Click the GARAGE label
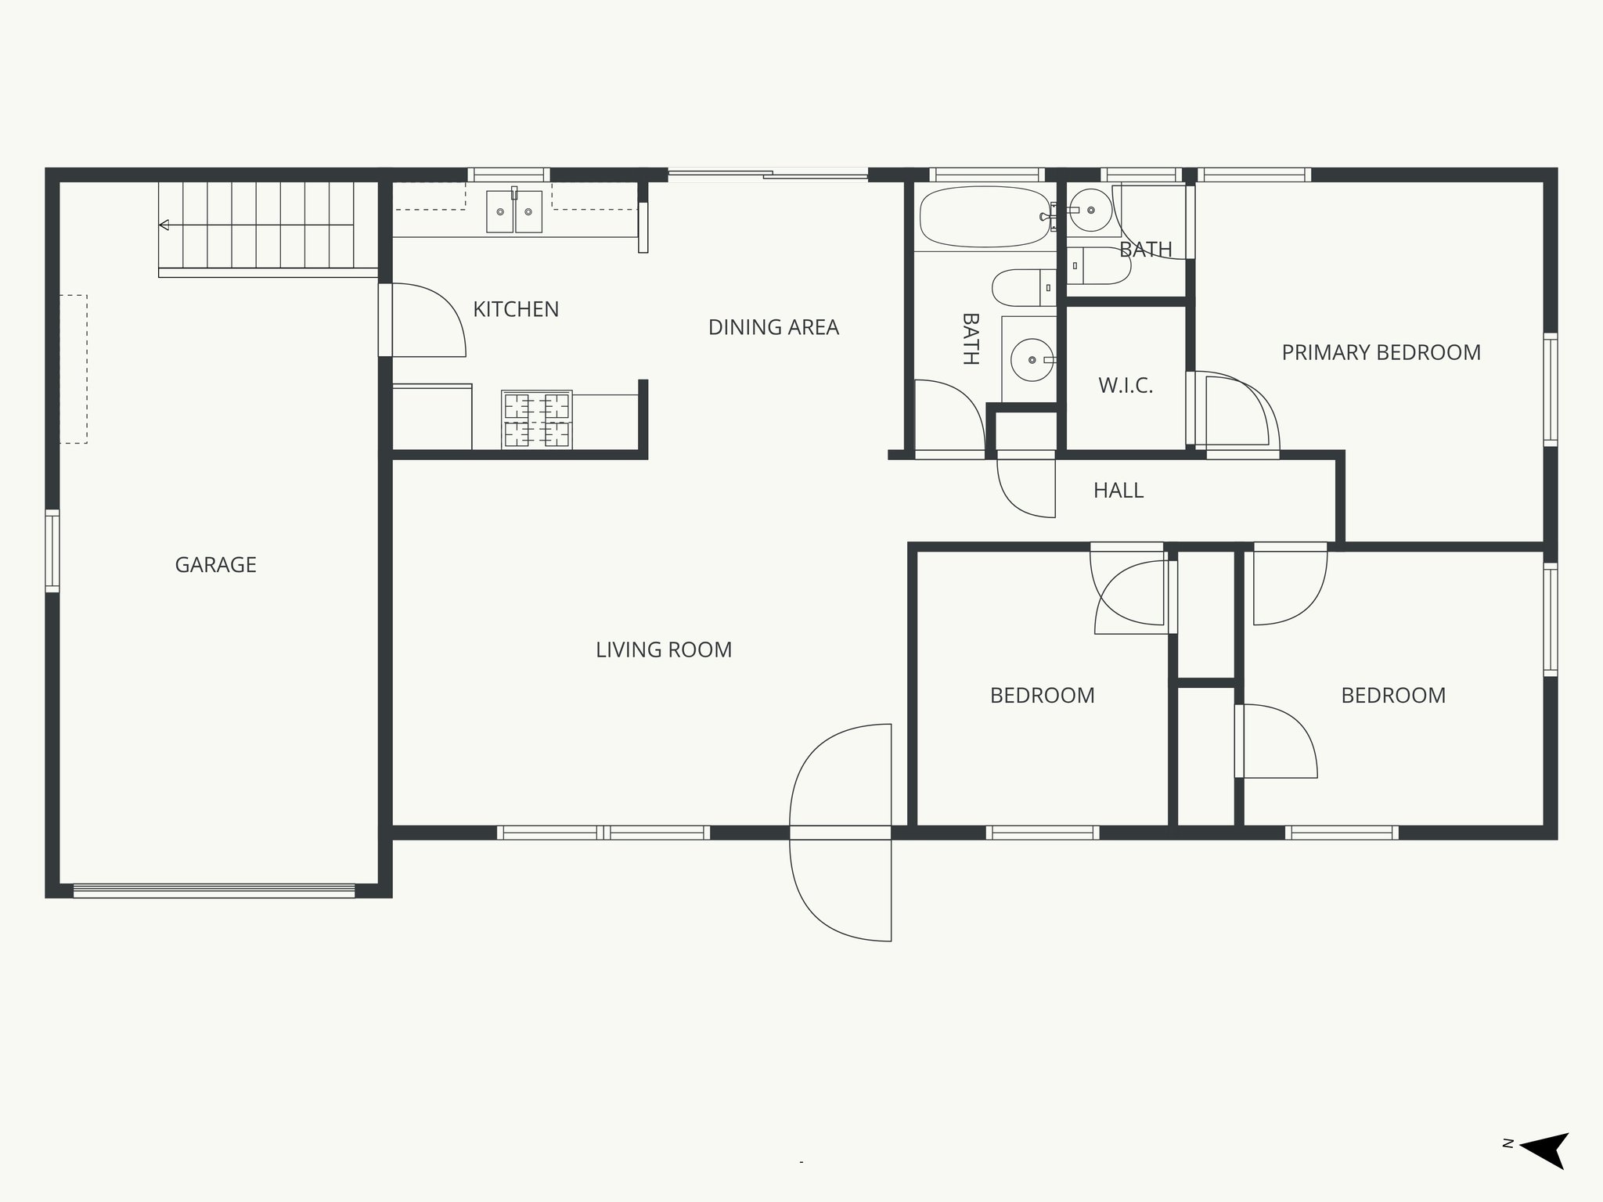coord(215,564)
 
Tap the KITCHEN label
coord(516,309)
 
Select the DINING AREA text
coord(773,327)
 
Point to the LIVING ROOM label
coord(664,650)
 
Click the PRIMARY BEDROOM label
coord(1381,352)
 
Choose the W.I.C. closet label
coord(1126,385)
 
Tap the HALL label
coord(1118,491)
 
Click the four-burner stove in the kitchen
coord(537,419)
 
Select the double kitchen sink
coord(514,211)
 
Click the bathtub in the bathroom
coord(984,216)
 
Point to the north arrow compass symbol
coord(1542,1171)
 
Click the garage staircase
coord(266,226)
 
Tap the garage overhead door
coord(214,890)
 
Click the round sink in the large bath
coord(1032,360)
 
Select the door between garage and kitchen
coord(385,319)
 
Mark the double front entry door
coord(841,833)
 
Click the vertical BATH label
coord(970,339)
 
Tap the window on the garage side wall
coord(52,550)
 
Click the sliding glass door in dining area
coord(768,175)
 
